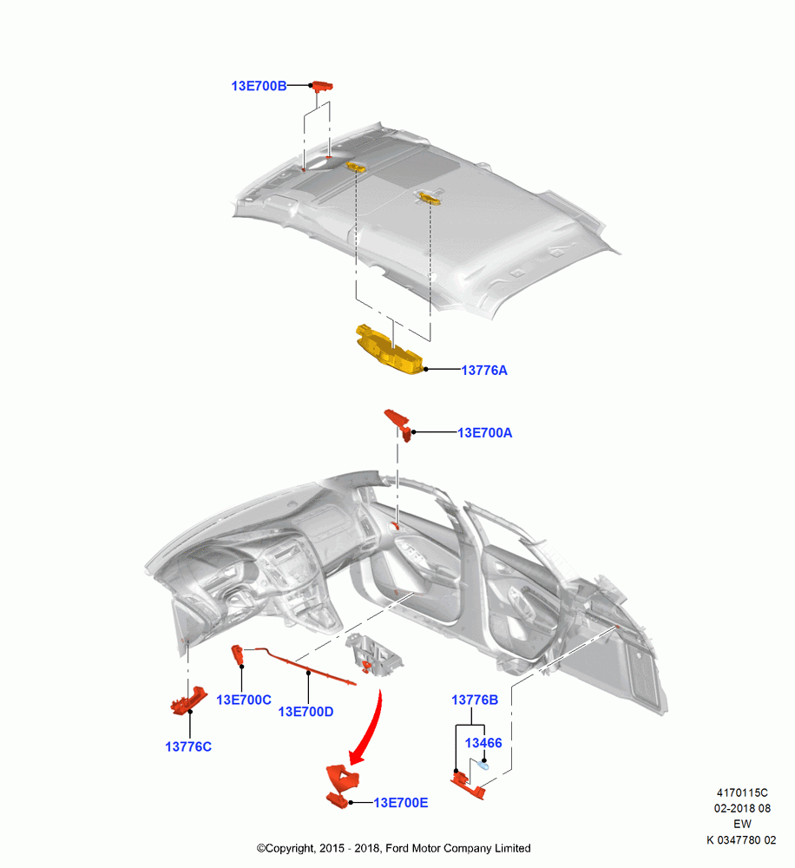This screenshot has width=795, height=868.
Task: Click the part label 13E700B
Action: tap(259, 86)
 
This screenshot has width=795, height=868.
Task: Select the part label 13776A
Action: tap(484, 371)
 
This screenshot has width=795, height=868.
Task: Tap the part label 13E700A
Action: tap(484, 433)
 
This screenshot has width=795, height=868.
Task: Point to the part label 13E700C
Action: tap(244, 700)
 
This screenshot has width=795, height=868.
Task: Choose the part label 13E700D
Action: tap(306, 712)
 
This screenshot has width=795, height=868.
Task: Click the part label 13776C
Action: tap(188, 746)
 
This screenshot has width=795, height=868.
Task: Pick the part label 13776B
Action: tap(475, 700)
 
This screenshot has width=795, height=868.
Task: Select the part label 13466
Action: tap(483, 743)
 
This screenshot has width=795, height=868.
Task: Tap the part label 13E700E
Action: tap(401, 803)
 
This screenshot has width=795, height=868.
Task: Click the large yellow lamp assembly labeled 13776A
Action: tap(389, 350)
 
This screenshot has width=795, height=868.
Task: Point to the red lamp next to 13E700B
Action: tap(322, 86)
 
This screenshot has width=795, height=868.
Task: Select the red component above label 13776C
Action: tap(188, 700)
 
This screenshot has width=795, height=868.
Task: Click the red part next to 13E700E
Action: tap(342, 785)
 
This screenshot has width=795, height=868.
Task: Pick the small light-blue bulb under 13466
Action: tap(483, 766)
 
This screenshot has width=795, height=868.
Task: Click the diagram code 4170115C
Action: tap(742, 792)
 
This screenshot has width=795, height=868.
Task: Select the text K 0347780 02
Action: tap(741, 840)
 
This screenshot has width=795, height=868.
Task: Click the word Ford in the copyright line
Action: tap(397, 848)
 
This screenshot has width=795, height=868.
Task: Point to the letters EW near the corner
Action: tap(742, 825)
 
